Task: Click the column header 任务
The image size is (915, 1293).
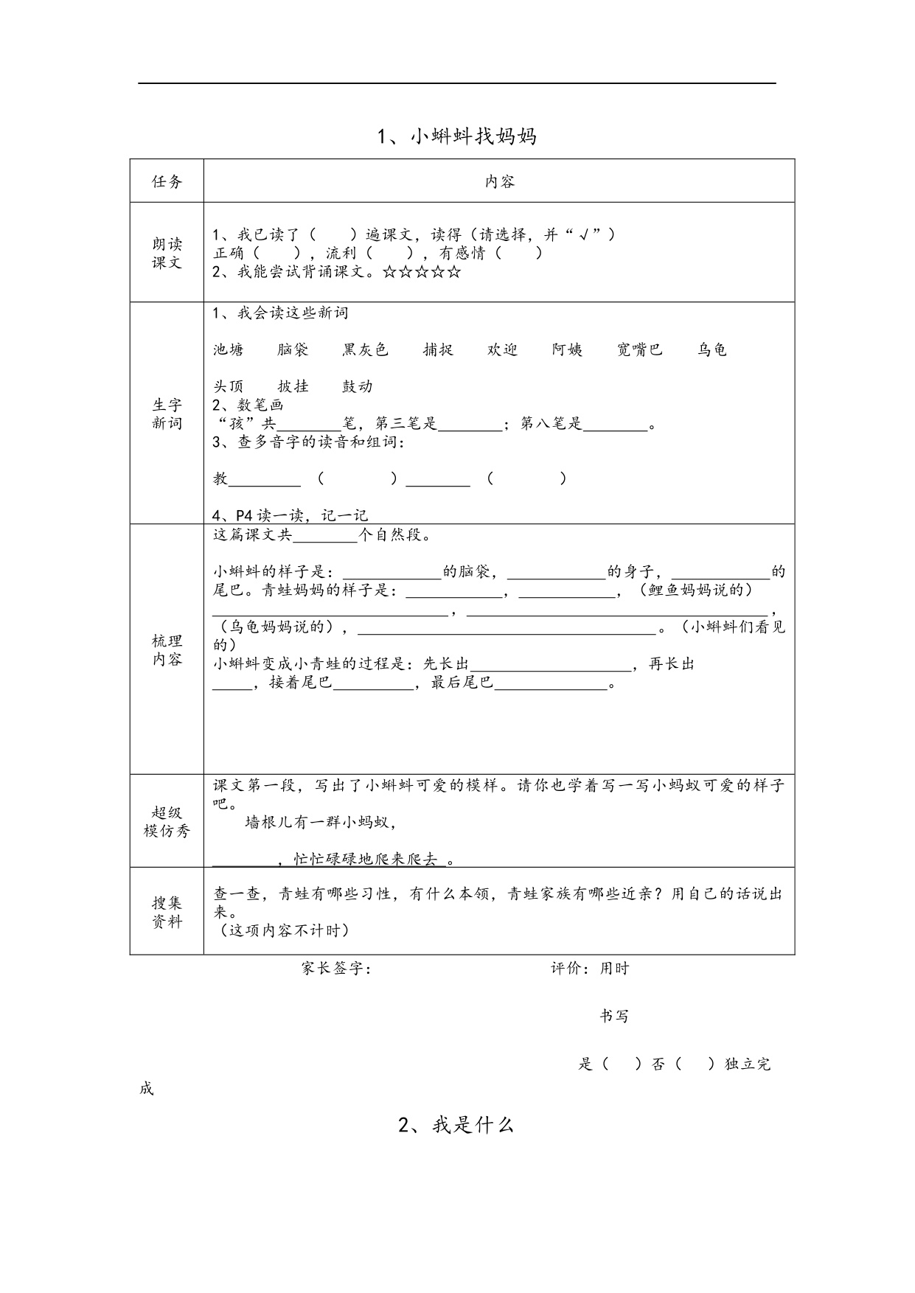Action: click(x=167, y=181)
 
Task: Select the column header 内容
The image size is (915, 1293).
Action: click(x=499, y=181)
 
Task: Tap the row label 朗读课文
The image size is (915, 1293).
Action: click(x=167, y=253)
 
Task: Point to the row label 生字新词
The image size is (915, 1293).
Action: click(x=167, y=414)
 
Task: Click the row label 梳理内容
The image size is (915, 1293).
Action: click(x=167, y=649)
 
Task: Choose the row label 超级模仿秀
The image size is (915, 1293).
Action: click(x=167, y=821)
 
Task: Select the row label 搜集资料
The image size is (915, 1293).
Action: click(x=167, y=912)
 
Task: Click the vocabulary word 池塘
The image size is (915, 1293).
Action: click(x=229, y=349)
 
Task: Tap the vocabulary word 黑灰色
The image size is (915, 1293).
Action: click(x=365, y=349)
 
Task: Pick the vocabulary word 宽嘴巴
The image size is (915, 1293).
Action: click(x=640, y=349)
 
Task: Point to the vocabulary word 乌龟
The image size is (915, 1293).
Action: click(x=712, y=349)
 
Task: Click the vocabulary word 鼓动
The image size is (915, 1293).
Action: click(x=358, y=386)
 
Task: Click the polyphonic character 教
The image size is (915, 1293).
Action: click(x=220, y=478)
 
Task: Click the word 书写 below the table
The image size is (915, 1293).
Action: click(x=614, y=1016)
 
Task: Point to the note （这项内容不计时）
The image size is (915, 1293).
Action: click(x=285, y=930)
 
